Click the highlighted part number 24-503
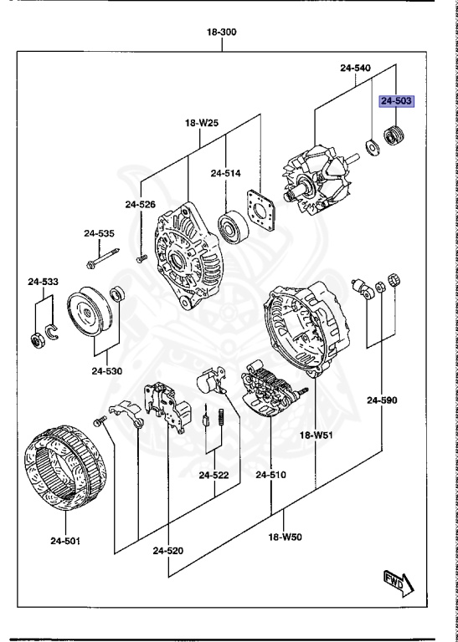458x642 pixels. [397, 101]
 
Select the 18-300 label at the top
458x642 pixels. [222, 33]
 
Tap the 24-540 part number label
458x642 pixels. [355, 67]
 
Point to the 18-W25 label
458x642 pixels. [201, 123]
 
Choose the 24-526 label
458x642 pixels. [140, 204]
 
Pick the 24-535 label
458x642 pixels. [98, 233]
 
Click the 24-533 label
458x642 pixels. [43, 282]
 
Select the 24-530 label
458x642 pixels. [107, 370]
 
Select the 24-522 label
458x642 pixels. [214, 475]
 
